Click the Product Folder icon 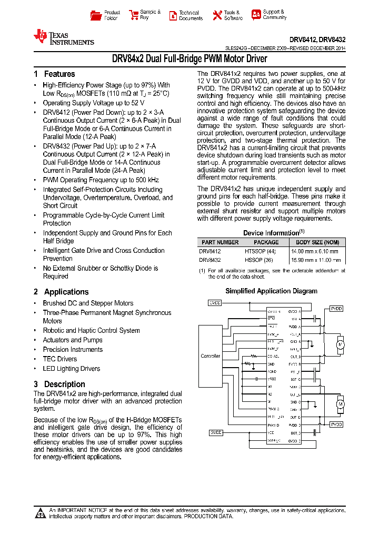click(95, 15)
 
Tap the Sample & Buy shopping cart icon click(133, 15)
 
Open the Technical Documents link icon click(173, 15)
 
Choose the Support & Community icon click(256, 15)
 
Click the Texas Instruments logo click(64, 37)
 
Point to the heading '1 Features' click(54, 74)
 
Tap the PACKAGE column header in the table click(266, 242)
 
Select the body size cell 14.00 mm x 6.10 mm click(316, 251)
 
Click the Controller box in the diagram click(211, 356)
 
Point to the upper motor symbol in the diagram click(340, 344)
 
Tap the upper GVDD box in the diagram click(215, 303)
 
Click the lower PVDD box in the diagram click(336, 423)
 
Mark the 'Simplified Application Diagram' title click(271, 291)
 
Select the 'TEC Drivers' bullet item click(59, 359)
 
